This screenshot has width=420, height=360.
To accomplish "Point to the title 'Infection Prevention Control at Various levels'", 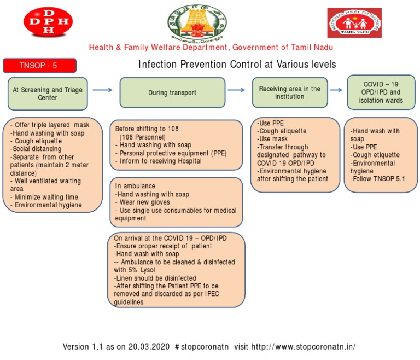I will coord(237,65).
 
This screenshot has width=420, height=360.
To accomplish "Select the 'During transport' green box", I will coord(172,93).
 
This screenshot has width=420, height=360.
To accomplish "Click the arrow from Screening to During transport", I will coord(102,90).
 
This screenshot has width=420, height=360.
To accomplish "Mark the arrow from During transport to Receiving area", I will coord(236,90).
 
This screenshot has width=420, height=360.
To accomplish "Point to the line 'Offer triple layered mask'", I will coord(50,125).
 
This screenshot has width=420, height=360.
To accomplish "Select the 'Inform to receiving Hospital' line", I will coord(159,161).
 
